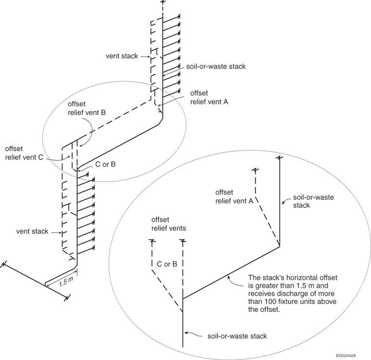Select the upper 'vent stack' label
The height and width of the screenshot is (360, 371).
tap(122, 56)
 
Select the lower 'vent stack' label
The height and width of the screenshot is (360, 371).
tap(32, 231)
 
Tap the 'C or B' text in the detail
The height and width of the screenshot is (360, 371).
tap(167, 264)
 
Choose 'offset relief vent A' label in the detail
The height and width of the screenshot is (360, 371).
tap(234, 197)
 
